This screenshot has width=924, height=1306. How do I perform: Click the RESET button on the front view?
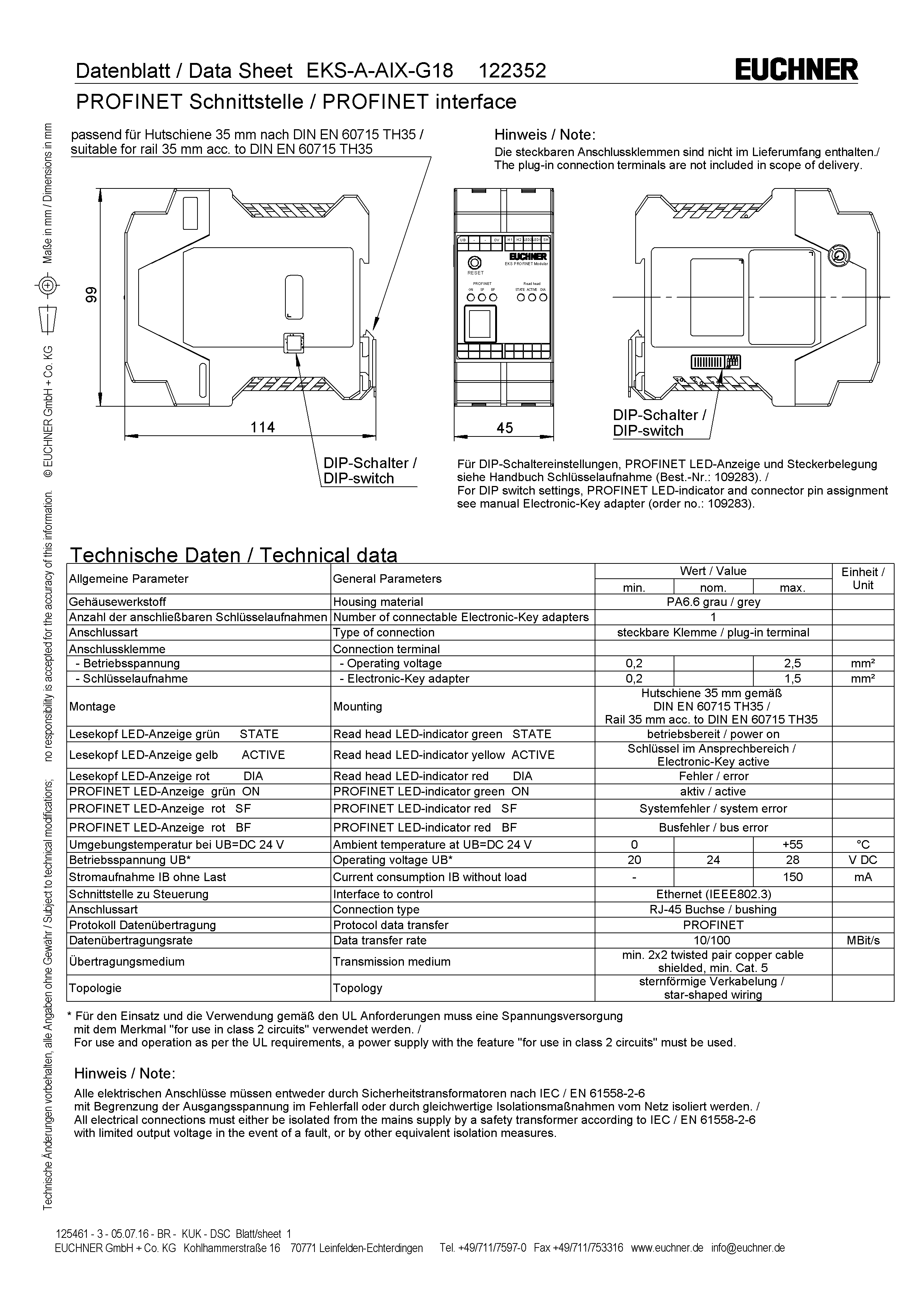point(475,263)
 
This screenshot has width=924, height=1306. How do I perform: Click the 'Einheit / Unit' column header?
point(863,578)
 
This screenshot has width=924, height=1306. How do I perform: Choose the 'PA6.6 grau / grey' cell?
point(713,602)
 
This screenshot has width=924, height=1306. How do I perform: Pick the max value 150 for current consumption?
point(792,877)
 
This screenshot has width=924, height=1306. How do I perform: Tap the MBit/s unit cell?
point(863,940)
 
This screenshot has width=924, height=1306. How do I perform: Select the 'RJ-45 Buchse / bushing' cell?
point(713,909)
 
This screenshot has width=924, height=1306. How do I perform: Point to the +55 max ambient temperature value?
point(792,844)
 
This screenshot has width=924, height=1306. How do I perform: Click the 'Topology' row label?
point(358,988)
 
